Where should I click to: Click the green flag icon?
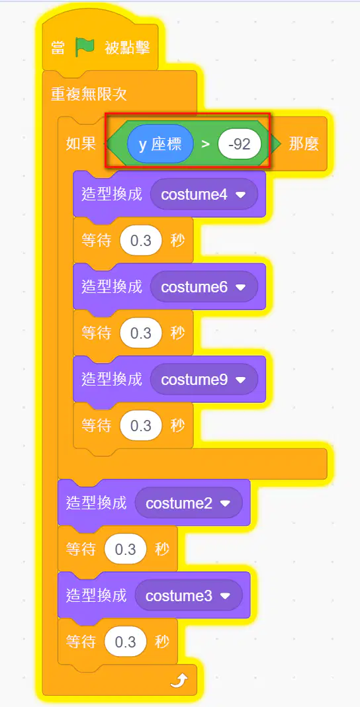tap(85, 48)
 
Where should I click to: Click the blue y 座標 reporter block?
tap(161, 144)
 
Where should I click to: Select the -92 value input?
tap(240, 145)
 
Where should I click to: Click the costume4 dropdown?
tap(204, 194)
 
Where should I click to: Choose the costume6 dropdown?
tap(204, 287)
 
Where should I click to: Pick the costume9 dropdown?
tap(204, 380)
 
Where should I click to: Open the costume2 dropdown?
tap(189, 503)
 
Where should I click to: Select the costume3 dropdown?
tap(189, 596)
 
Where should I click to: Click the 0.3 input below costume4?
tap(141, 241)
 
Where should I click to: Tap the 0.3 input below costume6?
tap(141, 334)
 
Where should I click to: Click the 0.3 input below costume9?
tap(141, 426)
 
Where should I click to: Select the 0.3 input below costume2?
tap(126, 550)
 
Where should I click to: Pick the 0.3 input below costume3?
tap(126, 642)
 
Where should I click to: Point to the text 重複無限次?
tap(89, 94)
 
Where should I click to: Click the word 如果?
tap(81, 144)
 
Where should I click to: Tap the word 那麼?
tap(304, 144)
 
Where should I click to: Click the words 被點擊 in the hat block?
tap(127, 48)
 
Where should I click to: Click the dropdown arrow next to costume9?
tap(240, 380)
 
